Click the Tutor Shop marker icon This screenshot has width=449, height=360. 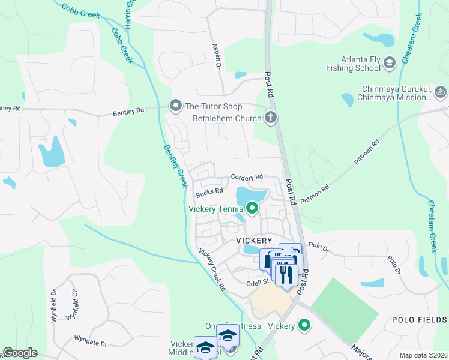point(176,106)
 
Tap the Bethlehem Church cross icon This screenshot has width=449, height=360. point(271,118)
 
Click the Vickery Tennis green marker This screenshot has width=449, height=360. point(252,208)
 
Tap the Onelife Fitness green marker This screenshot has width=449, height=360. point(305,325)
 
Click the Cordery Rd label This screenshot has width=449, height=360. point(247,177)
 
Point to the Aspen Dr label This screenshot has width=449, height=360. point(214,56)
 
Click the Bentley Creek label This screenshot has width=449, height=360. point(175,166)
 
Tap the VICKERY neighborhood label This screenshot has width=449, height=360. point(255,240)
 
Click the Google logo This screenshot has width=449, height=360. point(20,353)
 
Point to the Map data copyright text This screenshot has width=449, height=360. point(423,355)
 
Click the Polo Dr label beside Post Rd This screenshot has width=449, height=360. point(317,245)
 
